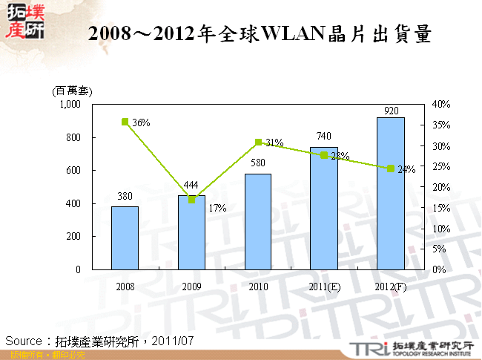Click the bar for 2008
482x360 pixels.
click(x=125, y=238)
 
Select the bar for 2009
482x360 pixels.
click(x=191, y=232)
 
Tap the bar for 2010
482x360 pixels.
click(x=258, y=221)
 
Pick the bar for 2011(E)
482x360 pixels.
click(x=324, y=209)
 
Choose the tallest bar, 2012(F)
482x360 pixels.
click(x=391, y=193)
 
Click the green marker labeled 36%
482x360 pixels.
click(x=125, y=122)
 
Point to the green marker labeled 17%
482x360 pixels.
click(x=191, y=200)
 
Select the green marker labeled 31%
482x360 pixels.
click(x=258, y=142)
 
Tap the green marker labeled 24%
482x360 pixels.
click(x=391, y=168)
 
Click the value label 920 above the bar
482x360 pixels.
click(x=392, y=111)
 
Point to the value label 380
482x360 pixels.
click(x=125, y=197)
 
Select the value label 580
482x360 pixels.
click(x=258, y=163)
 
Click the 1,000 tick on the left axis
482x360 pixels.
click(x=70, y=105)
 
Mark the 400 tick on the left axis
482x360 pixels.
click(x=73, y=203)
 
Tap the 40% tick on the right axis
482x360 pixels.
click(x=440, y=105)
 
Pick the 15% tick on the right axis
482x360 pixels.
click(x=440, y=208)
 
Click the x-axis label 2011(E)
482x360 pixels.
click(x=324, y=286)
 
